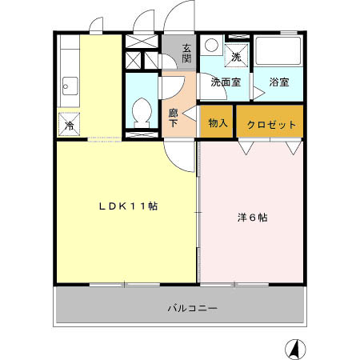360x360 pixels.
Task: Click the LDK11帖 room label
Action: click(127, 206)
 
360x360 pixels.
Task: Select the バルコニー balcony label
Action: click(193, 307)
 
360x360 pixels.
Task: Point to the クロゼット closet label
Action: click(271, 125)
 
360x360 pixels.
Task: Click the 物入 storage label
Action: click(217, 123)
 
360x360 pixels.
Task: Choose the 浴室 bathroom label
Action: click(279, 82)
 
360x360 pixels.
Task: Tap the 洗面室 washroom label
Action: click(226, 82)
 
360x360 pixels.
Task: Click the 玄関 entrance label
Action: click(186, 53)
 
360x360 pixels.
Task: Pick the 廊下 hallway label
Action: click(174, 118)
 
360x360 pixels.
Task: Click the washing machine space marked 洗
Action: click(236, 55)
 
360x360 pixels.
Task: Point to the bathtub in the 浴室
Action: click(279, 54)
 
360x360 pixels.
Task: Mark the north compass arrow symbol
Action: click(294, 348)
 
